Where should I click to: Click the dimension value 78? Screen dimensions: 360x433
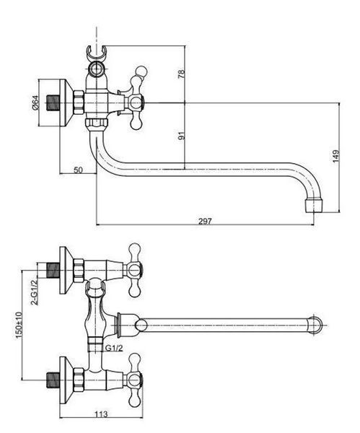(x=181, y=74)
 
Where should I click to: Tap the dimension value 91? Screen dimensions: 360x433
(x=181, y=136)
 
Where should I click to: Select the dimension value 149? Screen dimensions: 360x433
(x=335, y=157)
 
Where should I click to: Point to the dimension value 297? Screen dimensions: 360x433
(x=205, y=222)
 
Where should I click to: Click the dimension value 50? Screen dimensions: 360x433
(x=78, y=170)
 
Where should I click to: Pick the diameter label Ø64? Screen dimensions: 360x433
(x=35, y=102)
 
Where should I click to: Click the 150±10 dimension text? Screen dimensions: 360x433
(x=19, y=325)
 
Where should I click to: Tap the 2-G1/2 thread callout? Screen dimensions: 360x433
(x=34, y=292)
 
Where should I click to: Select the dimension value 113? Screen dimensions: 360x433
(x=101, y=414)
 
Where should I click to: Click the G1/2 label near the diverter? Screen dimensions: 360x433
(x=114, y=349)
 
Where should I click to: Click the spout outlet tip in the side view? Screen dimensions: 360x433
(x=314, y=206)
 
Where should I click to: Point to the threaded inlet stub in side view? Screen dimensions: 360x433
(x=53, y=103)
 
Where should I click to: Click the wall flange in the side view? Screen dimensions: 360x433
(x=66, y=103)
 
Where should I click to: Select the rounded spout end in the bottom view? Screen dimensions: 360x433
(x=315, y=325)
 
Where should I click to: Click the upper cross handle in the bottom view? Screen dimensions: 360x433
(x=135, y=270)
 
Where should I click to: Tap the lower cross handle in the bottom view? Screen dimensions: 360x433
(x=135, y=380)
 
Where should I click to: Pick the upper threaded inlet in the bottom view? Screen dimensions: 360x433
(x=53, y=270)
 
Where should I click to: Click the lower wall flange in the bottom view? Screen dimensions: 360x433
(x=66, y=380)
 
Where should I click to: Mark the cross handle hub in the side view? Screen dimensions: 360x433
(x=136, y=103)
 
